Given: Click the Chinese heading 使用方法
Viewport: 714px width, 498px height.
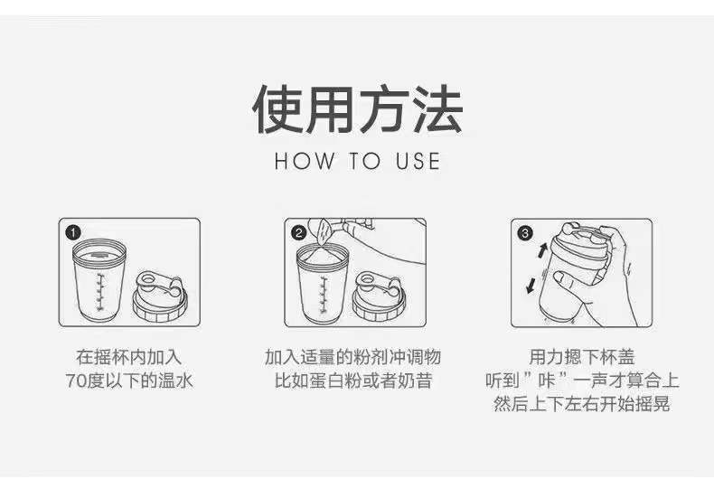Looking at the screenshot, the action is point(358,109).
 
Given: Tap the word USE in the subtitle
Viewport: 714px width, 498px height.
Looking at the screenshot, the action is point(418,162).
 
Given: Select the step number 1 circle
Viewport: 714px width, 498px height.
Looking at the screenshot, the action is point(73,232).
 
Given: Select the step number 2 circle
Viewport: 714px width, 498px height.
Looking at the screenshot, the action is point(299,233).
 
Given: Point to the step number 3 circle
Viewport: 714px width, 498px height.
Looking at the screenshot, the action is point(525,233).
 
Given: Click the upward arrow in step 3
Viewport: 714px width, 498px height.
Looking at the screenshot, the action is point(542,250).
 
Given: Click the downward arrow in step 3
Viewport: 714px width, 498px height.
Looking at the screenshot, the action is point(531,286).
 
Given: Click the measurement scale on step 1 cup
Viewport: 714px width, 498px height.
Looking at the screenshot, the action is point(100,292).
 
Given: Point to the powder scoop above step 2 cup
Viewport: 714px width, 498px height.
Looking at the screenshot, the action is point(324,232).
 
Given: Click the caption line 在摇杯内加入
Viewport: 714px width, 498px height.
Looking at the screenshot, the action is point(129,357).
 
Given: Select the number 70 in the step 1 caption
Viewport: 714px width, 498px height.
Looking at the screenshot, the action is point(76,381).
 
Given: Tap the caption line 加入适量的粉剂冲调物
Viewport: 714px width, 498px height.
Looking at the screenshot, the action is point(352,357).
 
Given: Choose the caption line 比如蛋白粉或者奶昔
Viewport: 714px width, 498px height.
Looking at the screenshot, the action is point(352,381).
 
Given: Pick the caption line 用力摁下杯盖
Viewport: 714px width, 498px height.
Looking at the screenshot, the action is point(581,357).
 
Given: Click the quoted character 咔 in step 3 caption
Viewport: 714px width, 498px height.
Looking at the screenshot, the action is point(546,381).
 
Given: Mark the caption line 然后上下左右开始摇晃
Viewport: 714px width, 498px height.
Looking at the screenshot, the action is point(581,404).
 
